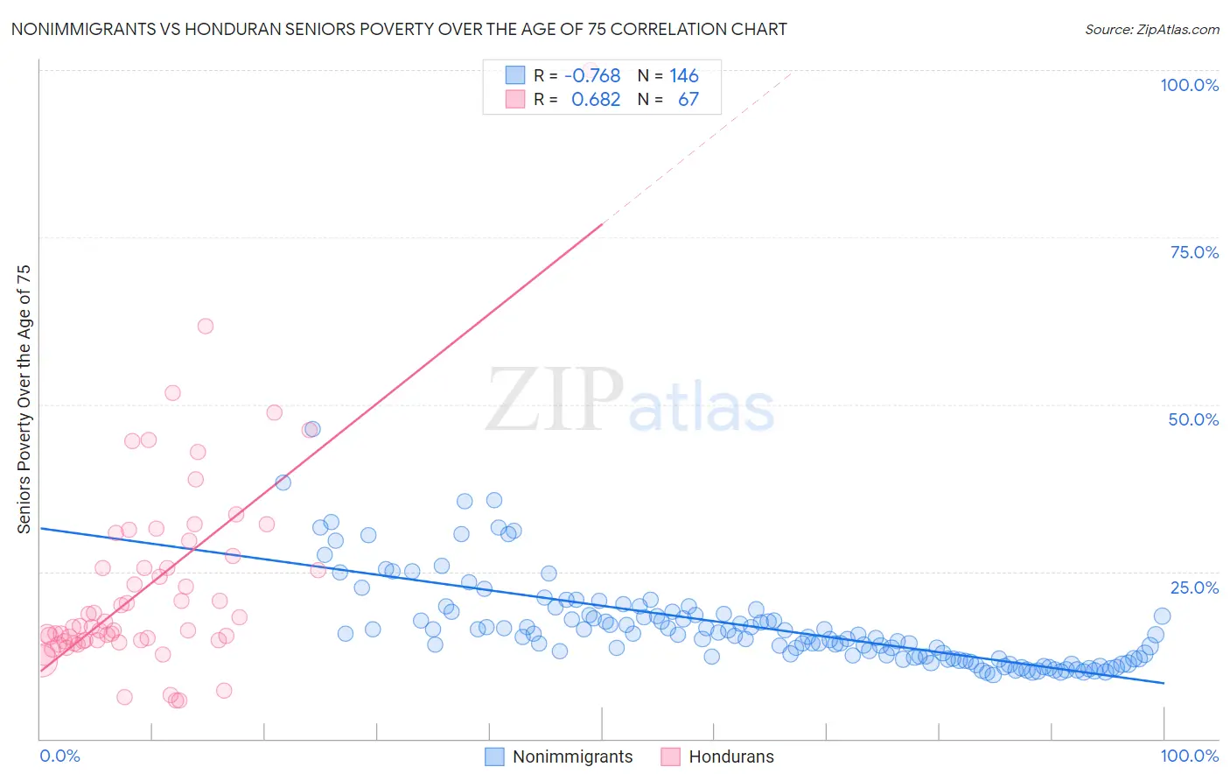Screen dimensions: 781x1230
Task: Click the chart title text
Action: [x=399, y=29]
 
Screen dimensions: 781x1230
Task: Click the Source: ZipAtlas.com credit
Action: [x=1151, y=29]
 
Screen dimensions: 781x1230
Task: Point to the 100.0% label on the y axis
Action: [x=1189, y=85]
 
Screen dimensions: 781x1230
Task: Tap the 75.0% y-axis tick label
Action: [x=1193, y=252]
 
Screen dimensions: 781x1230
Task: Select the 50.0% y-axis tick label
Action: [x=1193, y=419]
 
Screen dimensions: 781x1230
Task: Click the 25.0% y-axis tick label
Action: [x=1193, y=588]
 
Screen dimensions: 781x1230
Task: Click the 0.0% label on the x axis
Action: [x=59, y=756]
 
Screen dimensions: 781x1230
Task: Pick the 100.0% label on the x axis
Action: [x=1189, y=756]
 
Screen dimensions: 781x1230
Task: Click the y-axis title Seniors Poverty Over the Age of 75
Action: [x=24, y=398]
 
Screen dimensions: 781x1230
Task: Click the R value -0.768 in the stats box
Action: [x=592, y=75]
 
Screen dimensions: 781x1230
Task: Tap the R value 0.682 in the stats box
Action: [x=596, y=99]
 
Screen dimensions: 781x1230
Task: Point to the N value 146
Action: [x=684, y=75]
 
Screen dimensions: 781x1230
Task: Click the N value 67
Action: [x=688, y=99]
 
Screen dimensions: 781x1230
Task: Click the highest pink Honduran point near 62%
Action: [x=206, y=326]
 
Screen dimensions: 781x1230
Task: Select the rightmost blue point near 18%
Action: [x=1162, y=616]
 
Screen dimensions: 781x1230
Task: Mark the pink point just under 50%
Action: [x=274, y=412]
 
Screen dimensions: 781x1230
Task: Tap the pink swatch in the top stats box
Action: [x=515, y=99]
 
